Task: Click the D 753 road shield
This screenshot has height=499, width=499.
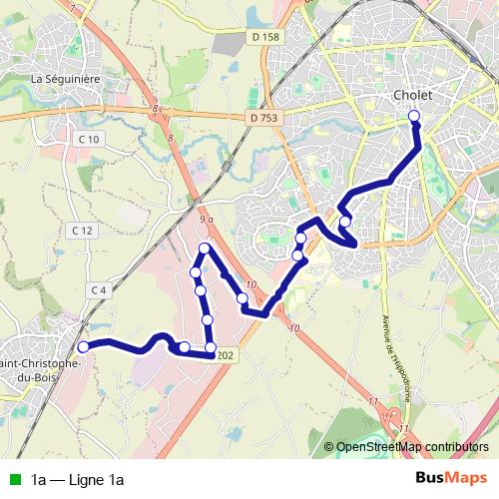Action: [256, 116]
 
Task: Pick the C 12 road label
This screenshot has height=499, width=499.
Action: [82, 231]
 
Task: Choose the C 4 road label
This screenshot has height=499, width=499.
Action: [97, 289]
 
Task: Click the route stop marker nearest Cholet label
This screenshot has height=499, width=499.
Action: [415, 118]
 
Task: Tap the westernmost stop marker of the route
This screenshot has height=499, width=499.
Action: [84, 346]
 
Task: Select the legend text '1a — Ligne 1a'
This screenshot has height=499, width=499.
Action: [76, 479]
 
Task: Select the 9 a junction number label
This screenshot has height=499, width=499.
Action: [207, 218]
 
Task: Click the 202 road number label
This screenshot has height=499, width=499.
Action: [226, 356]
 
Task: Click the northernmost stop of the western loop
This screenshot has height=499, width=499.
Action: [205, 249]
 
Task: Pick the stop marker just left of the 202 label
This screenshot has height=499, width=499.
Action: [211, 347]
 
